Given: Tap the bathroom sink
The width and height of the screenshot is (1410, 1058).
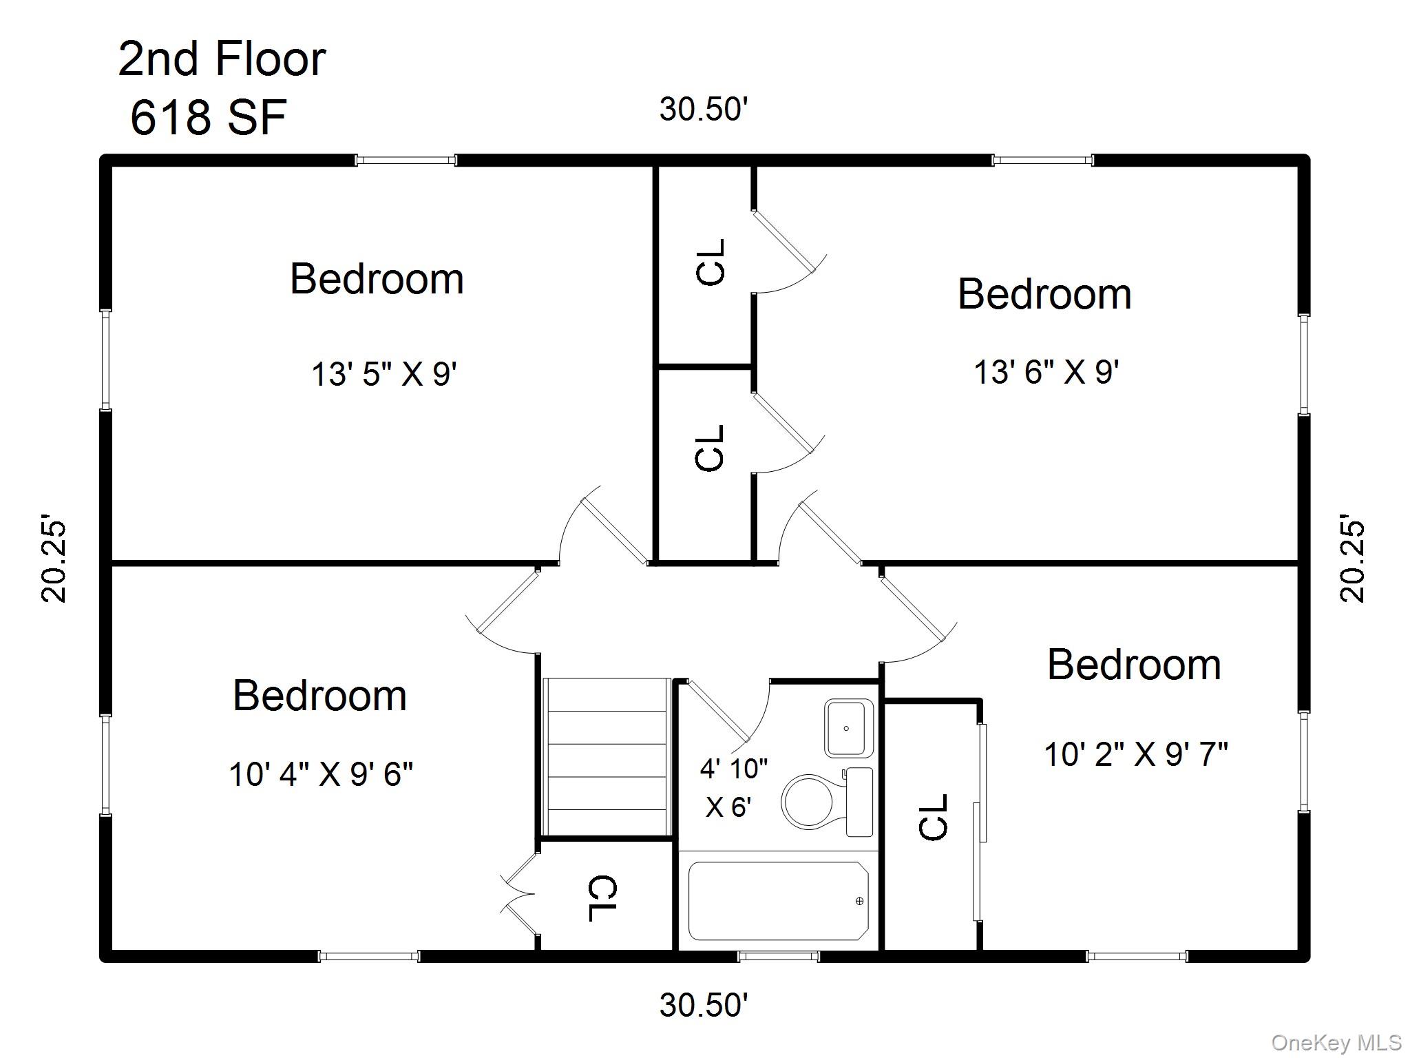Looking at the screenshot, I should click(849, 728).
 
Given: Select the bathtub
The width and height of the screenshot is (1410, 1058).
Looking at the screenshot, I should click(778, 901).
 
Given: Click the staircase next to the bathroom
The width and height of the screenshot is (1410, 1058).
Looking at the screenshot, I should click(606, 757).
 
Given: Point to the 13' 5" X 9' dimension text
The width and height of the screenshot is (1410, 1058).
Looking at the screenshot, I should click(384, 375).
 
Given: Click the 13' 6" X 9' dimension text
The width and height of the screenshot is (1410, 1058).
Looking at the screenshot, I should click(1046, 373).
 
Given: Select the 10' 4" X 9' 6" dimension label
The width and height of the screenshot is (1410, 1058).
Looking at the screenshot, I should click(321, 774).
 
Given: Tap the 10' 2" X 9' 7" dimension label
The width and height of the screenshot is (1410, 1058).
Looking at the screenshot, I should click(1136, 754).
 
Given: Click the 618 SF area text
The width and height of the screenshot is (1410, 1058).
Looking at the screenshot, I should click(208, 117).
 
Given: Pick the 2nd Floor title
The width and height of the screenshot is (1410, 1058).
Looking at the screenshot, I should click(222, 59).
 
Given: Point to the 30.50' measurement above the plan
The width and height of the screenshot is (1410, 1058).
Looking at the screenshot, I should click(703, 110).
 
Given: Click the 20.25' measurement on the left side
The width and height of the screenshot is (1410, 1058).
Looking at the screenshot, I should click(54, 559).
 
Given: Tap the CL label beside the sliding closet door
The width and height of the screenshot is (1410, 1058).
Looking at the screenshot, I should click(934, 817).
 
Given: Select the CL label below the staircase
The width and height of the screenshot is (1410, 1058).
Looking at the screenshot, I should click(603, 898).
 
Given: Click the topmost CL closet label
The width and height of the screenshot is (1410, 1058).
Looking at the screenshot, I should click(711, 262).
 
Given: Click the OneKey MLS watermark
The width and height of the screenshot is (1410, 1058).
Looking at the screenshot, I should click(1336, 1043).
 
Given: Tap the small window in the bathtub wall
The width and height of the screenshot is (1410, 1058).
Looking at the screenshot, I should click(779, 956).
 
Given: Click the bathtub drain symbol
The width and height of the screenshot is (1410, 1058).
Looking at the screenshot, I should click(859, 901).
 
